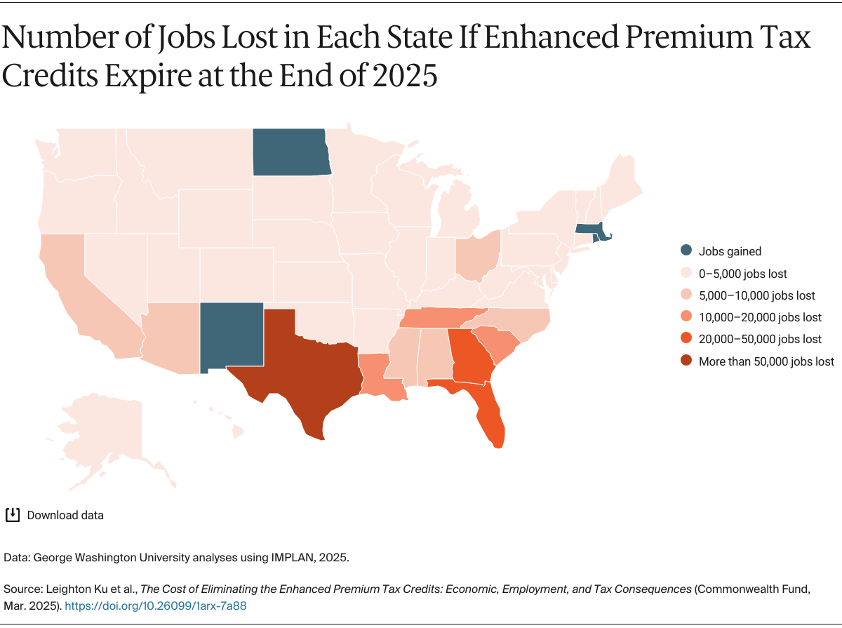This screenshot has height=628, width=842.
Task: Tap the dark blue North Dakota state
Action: coord(290,152)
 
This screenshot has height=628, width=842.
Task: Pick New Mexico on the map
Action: coord(231,335)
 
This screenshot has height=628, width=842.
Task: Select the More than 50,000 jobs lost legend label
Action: coord(766,361)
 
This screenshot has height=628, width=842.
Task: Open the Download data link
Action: coord(65,515)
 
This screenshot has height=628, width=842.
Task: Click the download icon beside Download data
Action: coord(12,515)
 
